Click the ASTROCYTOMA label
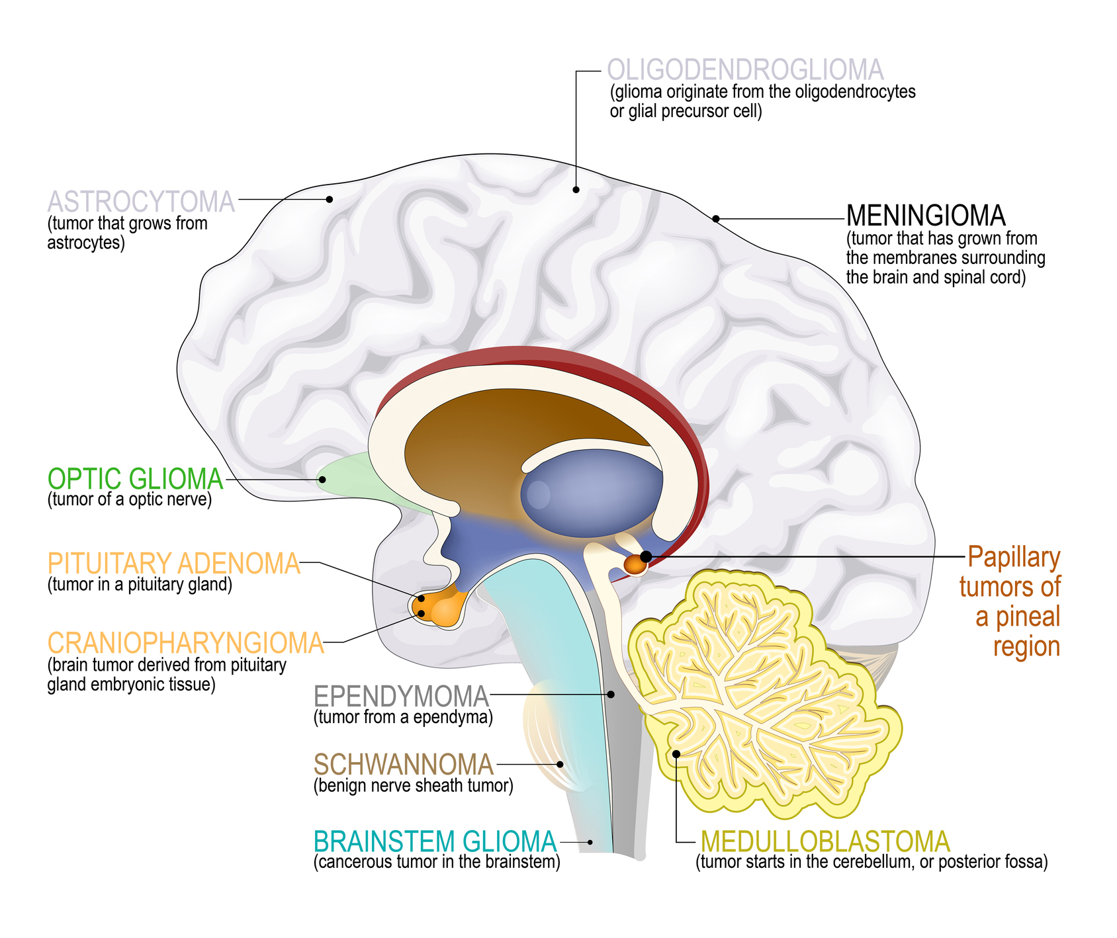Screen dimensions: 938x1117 [141, 202]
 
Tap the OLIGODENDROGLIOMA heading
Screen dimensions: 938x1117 [745, 70]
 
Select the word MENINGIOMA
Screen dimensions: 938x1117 [925, 216]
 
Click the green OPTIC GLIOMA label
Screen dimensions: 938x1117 [136, 479]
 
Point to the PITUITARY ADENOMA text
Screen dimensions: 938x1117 [174, 564]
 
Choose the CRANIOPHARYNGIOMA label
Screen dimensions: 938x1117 [186, 643]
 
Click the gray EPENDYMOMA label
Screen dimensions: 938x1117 [401, 697]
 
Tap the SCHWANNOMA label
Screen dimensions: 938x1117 [403, 765]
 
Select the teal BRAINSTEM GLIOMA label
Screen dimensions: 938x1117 [435, 842]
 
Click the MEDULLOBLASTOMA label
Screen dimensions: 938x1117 [825, 842]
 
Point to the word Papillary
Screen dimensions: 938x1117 [1013, 558]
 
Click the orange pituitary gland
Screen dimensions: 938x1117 [439, 608]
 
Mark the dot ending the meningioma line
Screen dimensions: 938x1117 [715, 218]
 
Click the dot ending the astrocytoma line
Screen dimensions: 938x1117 [329, 198]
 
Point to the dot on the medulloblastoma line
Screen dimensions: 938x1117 [676, 753]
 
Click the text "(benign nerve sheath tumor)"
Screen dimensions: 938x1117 [413, 786]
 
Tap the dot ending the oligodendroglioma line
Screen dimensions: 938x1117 [576, 190]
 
